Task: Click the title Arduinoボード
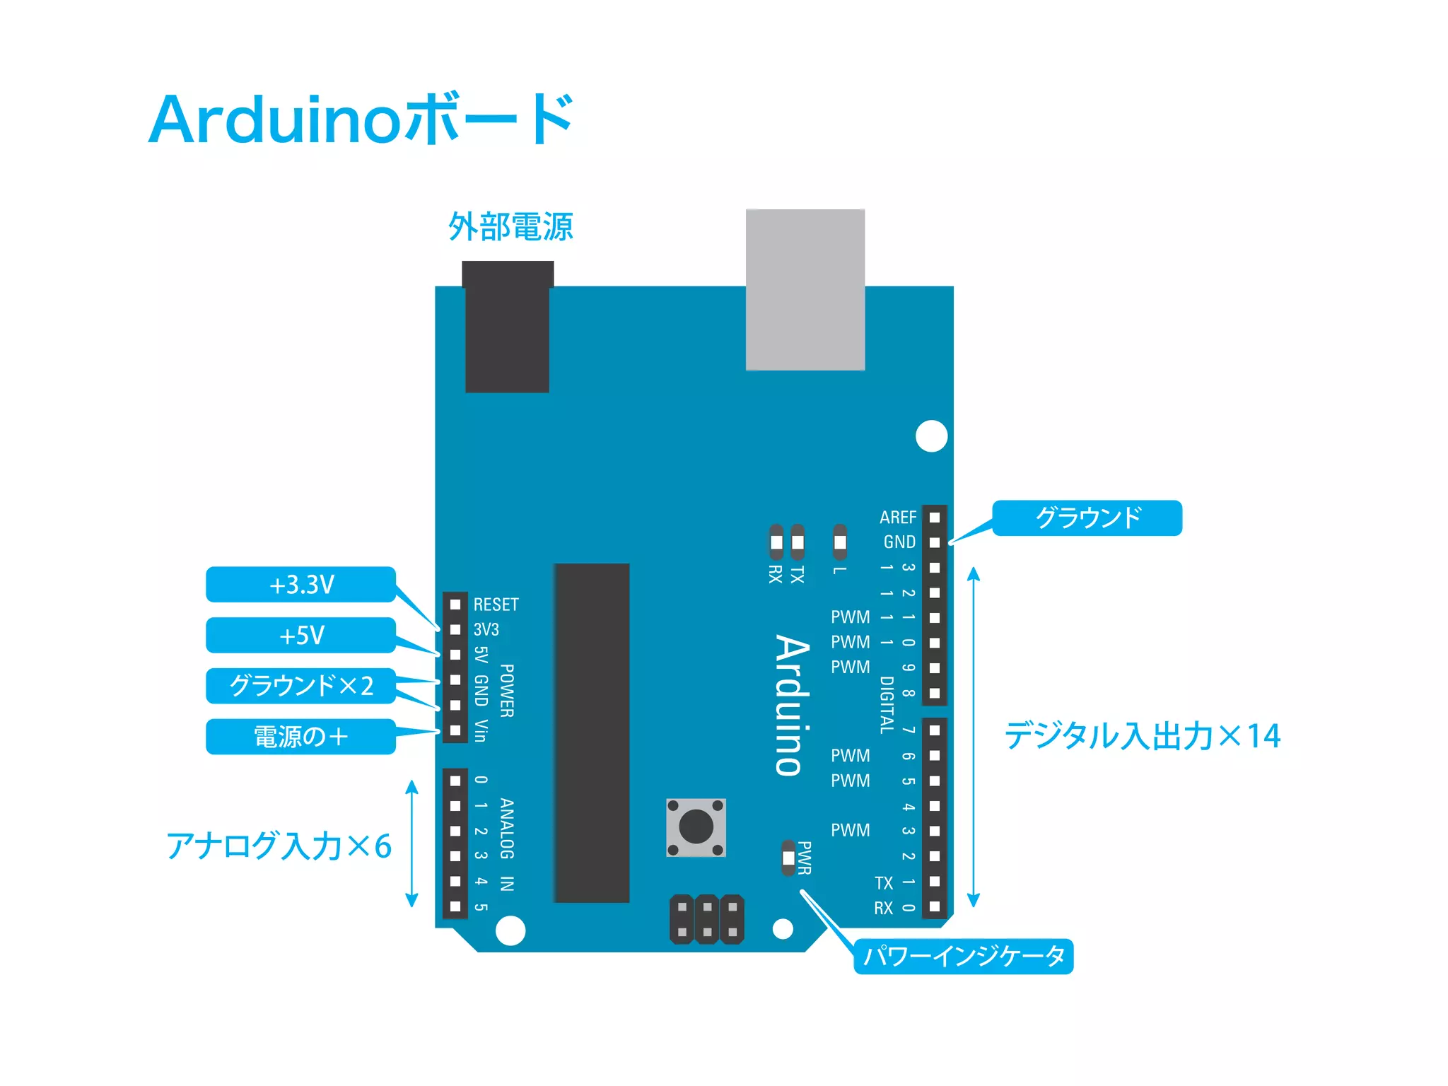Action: (x=361, y=119)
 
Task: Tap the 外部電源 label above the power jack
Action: (x=510, y=227)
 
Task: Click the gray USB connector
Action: (x=805, y=289)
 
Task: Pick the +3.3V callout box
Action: (x=300, y=585)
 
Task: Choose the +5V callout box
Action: (x=300, y=635)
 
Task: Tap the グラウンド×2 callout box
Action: (x=300, y=686)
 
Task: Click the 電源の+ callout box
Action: (x=300, y=737)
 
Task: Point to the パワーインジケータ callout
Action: (x=963, y=957)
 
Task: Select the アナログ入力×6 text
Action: (x=279, y=846)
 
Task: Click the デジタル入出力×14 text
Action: (x=1142, y=736)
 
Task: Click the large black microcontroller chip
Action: (x=592, y=732)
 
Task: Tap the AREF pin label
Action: (x=897, y=518)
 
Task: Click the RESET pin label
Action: (x=496, y=605)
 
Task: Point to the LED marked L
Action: (x=840, y=542)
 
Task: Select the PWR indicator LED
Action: (x=788, y=858)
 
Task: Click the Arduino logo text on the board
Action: (x=792, y=705)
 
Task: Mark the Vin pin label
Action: (x=481, y=730)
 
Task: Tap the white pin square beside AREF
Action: (x=935, y=518)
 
